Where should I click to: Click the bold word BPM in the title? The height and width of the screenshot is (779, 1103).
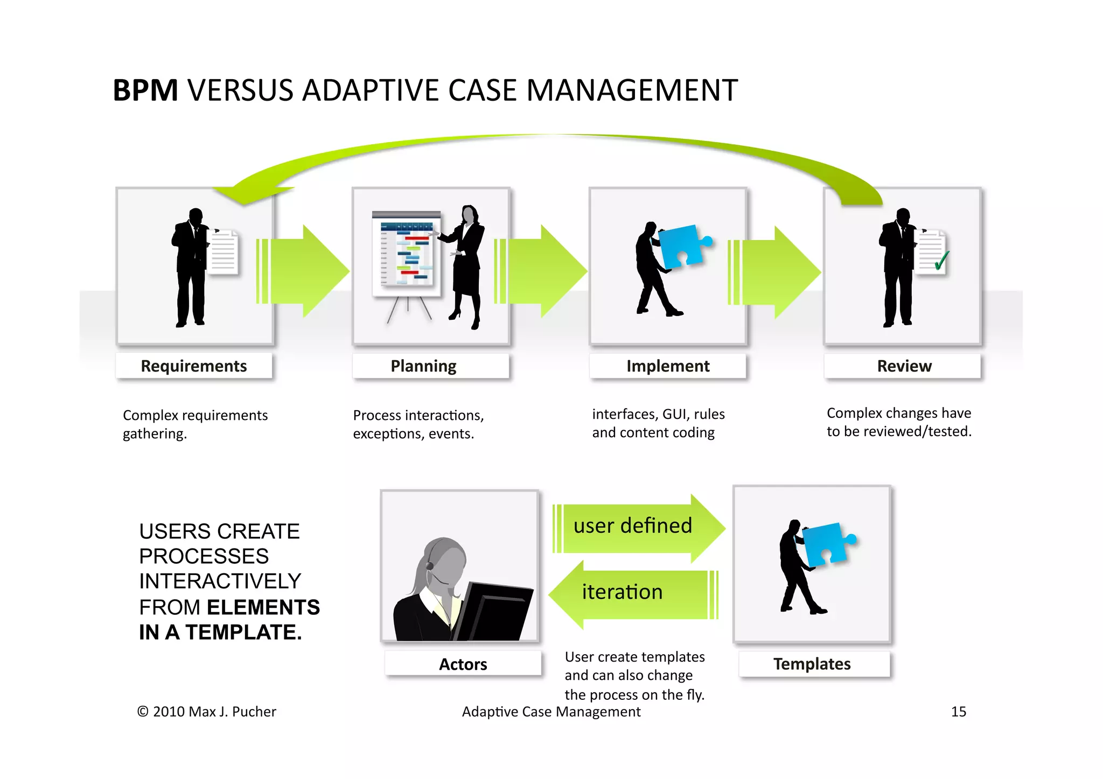[x=145, y=90]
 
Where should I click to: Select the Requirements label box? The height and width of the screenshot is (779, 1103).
[x=194, y=366]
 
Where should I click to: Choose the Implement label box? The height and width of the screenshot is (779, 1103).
[x=667, y=366]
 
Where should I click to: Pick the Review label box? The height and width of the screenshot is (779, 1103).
[x=903, y=366]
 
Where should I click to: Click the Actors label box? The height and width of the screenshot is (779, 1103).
[x=463, y=664]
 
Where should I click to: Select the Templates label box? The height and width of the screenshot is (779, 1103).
[x=812, y=664]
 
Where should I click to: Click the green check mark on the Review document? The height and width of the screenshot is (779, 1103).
[x=941, y=261]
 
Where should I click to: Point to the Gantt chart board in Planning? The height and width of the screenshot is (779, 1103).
[x=406, y=253]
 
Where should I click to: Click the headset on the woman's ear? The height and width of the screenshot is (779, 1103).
[x=430, y=566]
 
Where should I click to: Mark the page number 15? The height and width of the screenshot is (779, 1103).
[x=958, y=712]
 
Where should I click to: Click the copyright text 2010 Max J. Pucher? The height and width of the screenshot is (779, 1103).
[x=207, y=712]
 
